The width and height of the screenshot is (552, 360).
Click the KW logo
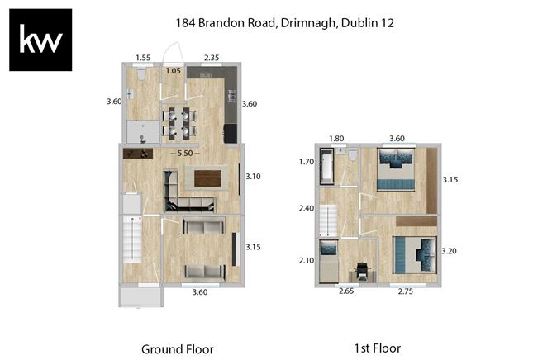coord(40,40)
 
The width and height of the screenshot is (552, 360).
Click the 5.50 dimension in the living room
coord(185,154)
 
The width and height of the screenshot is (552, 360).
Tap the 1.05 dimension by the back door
coord(174,71)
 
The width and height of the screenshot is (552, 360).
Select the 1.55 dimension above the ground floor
coord(143,58)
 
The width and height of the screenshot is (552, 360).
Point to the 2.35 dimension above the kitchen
coord(212,58)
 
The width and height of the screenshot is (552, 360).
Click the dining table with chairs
coord(179,123)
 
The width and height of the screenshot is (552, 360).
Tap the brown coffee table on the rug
coord(207,179)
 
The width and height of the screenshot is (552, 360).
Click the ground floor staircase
coord(132,239)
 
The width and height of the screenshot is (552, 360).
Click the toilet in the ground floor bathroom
coord(141,73)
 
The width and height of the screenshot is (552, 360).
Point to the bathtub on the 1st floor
coord(326,166)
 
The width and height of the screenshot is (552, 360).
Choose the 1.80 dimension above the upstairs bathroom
coord(336,138)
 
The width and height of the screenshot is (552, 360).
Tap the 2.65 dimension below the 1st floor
coord(346,291)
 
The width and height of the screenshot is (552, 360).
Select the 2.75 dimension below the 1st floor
coord(406,291)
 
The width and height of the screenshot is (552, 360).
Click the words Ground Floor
coord(178,349)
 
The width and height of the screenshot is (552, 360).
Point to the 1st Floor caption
coord(378,348)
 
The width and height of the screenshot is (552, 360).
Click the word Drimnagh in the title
coord(308,23)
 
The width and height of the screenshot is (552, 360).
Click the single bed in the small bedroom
coord(329,262)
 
